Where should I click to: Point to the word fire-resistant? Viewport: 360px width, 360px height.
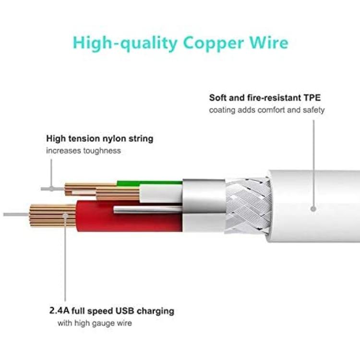pos(274,98)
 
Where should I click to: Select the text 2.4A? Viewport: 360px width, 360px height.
pos(59,311)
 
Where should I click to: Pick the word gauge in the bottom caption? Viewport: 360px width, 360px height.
pos(103,324)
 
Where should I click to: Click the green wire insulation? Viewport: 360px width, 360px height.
pos(149,183)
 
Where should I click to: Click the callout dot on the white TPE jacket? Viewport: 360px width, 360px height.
pos(313,209)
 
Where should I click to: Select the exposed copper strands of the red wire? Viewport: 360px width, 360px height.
pos(53,216)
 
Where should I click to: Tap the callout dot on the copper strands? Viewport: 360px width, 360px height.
pos(65,216)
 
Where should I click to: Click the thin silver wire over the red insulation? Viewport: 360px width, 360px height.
pos(148,209)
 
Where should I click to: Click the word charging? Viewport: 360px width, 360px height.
pos(156,312)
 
